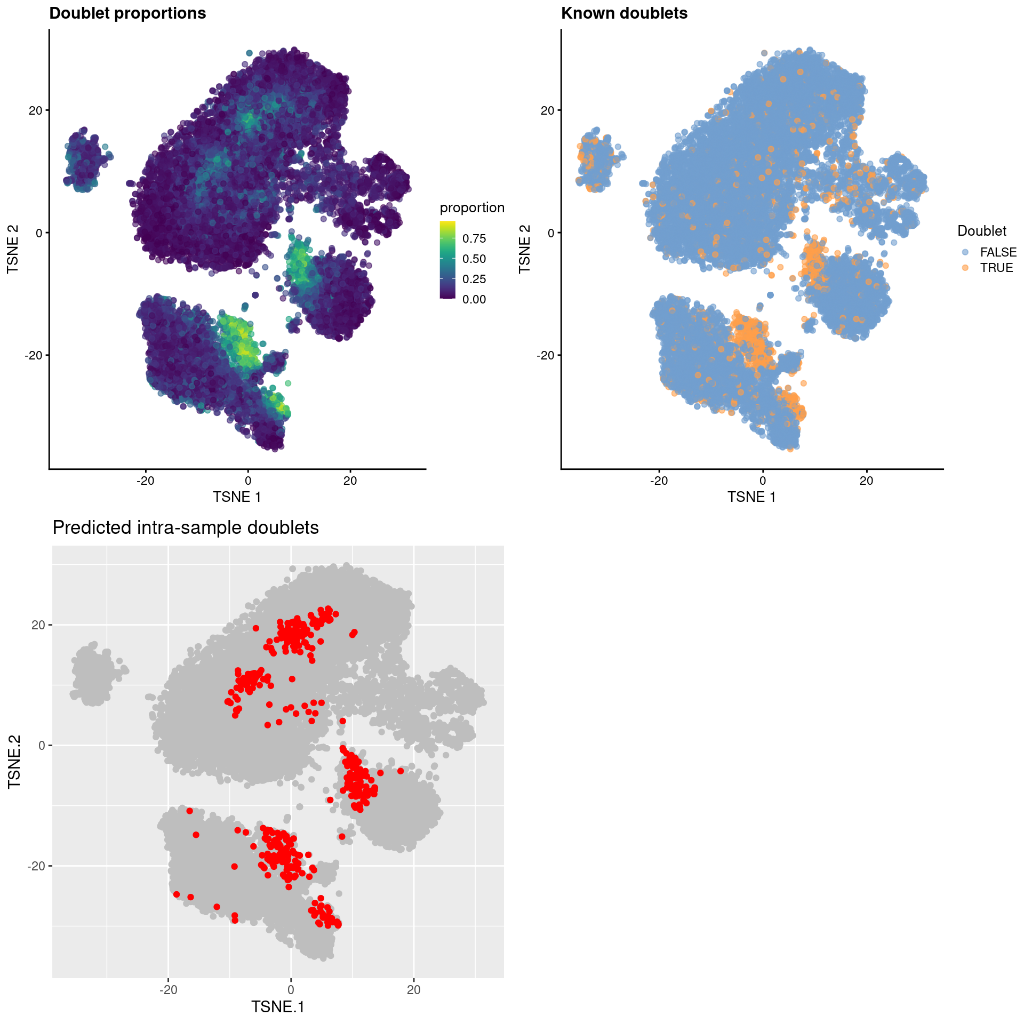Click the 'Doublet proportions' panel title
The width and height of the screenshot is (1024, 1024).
(127, 13)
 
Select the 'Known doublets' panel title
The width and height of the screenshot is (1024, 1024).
(624, 13)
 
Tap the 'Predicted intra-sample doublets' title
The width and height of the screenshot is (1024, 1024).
(186, 527)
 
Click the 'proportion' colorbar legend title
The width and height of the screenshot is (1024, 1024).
(472, 207)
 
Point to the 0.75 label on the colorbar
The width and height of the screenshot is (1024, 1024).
(474, 238)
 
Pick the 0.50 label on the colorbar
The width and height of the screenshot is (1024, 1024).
(474, 259)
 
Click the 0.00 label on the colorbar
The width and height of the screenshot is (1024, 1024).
(474, 299)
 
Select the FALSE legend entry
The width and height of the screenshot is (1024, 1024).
(998, 252)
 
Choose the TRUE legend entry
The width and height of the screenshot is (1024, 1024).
(996, 268)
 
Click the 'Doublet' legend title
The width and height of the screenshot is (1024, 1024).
(982, 231)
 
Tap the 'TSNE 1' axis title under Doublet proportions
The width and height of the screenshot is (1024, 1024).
(237, 497)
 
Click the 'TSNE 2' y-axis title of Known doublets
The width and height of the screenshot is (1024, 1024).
(525, 249)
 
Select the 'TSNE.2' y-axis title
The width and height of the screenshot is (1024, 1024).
(14, 762)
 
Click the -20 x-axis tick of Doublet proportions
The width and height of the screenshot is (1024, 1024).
(145, 481)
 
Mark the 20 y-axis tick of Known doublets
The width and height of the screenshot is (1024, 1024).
(547, 110)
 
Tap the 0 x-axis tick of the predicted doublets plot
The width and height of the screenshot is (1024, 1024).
(291, 990)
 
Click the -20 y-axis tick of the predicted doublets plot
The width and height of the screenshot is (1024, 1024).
(36, 866)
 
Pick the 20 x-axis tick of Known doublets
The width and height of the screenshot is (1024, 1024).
(867, 481)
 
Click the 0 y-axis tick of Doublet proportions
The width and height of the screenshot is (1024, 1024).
(38, 233)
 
